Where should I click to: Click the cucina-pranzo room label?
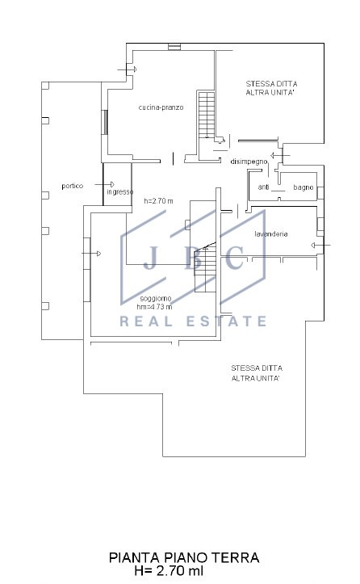(x=161, y=107)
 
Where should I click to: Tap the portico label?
(x=72, y=186)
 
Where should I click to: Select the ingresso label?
(x=120, y=192)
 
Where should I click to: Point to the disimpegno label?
(x=249, y=162)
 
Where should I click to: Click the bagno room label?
(x=303, y=187)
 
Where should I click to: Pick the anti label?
(x=264, y=187)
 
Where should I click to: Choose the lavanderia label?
(x=271, y=234)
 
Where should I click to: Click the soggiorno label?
(x=156, y=299)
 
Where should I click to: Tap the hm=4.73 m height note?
(x=154, y=307)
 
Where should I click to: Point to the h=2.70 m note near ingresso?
(x=158, y=201)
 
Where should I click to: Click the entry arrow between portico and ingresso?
(x=104, y=184)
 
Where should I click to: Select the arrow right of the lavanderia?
(x=320, y=245)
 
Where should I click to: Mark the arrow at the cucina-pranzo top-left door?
(x=127, y=69)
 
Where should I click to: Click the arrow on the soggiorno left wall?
(x=91, y=254)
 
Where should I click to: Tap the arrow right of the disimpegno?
(x=280, y=155)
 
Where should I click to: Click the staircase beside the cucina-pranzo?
(x=207, y=115)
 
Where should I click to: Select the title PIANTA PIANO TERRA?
(x=184, y=557)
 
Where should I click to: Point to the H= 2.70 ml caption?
(x=170, y=570)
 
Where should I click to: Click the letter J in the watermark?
(x=150, y=258)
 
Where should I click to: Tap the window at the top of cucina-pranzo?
(x=174, y=47)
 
